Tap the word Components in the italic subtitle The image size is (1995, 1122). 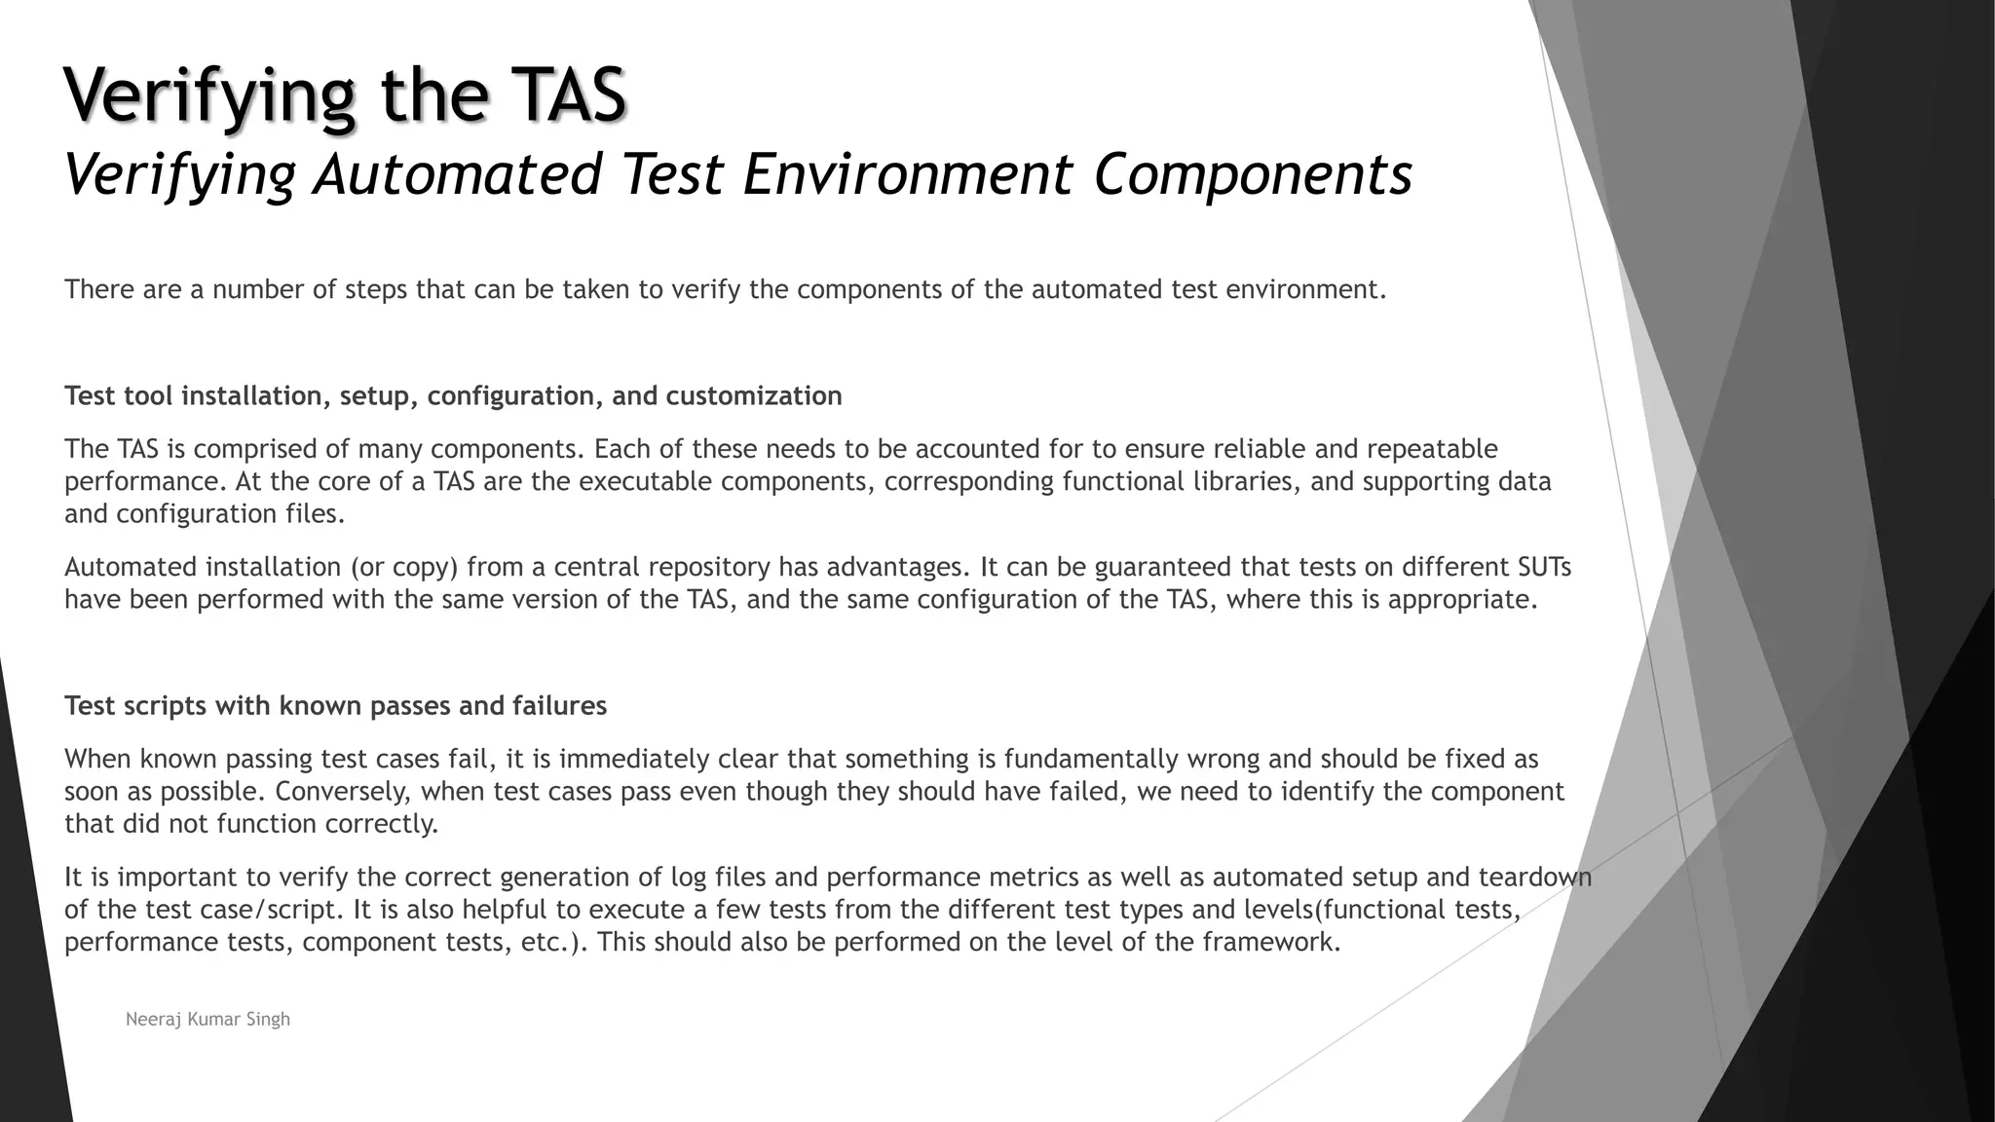point(1253,175)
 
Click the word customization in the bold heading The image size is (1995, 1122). point(754,396)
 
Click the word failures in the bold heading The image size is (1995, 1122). point(559,706)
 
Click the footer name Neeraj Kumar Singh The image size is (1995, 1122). point(207,1020)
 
